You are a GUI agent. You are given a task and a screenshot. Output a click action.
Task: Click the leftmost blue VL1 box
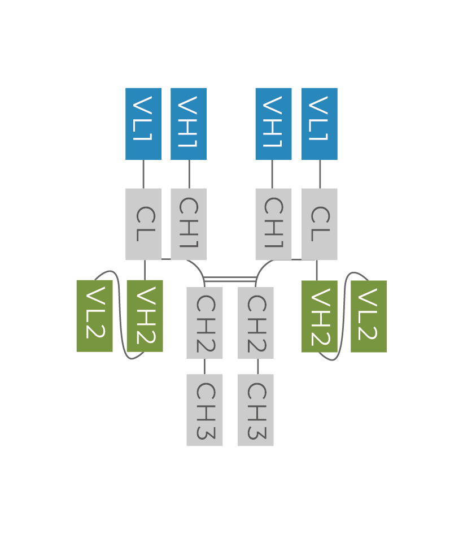(x=143, y=124)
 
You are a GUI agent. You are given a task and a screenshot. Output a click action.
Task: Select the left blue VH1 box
(x=189, y=124)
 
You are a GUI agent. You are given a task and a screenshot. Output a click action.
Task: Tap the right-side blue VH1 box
(x=273, y=124)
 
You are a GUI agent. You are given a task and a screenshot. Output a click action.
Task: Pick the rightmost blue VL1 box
(x=320, y=124)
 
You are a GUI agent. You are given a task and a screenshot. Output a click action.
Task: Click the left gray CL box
(x=143, y=224)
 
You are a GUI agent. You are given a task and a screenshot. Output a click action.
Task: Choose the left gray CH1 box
(x=189, y=224)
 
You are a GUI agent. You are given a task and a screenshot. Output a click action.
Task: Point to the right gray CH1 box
(x=273, y=224)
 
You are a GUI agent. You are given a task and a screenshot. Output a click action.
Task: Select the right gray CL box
(x=320, y=224)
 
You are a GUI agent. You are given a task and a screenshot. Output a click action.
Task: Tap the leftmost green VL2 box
(x=94, y=316)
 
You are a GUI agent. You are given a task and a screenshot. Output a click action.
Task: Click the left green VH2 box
(x=145, y=316)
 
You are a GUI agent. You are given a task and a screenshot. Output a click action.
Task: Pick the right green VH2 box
(x=320, y=316)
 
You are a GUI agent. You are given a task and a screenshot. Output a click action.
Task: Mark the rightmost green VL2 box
(x=369, y=316)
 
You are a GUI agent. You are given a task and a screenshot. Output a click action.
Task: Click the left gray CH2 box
(x=204, y=323)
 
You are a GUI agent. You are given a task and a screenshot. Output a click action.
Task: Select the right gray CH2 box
(x=256, y=323)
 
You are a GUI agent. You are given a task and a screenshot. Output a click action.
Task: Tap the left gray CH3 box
(x=204, y=410)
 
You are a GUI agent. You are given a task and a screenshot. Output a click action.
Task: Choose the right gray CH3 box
(x=256, y=410)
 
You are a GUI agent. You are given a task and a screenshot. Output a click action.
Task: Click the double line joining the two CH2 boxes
(x=230, y=279)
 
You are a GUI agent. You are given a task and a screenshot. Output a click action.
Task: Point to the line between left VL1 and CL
(x=143, y=174)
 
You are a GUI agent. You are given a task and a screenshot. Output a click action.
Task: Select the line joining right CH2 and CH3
(x=257, y=366)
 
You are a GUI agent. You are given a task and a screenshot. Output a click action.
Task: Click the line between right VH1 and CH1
(x=272, y=174)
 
